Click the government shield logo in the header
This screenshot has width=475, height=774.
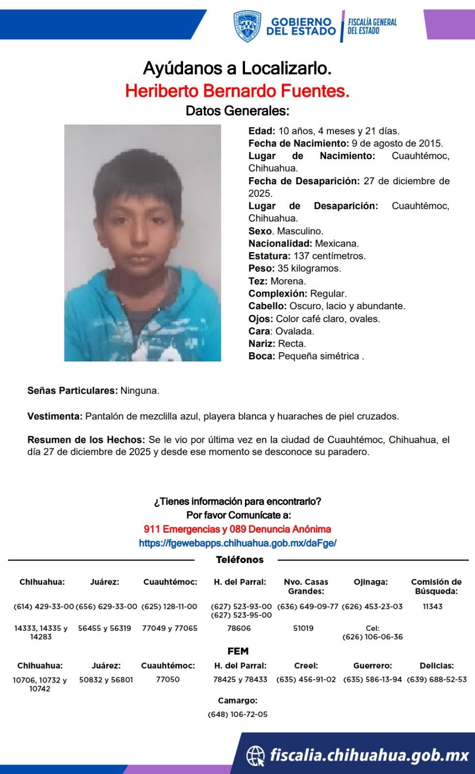(x=247, y=26)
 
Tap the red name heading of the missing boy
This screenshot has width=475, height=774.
(x=237, y=90)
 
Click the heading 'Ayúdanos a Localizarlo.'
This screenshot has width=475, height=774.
(x=237, y=68)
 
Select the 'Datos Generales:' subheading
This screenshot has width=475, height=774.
(x=237, y=111)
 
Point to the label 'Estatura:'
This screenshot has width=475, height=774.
(x=269, y=256)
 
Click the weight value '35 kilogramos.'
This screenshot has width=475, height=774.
(x=309, y=268)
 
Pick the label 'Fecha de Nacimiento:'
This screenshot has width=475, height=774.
(x=298, y=143)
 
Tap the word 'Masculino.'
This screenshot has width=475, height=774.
(x=300, y=231)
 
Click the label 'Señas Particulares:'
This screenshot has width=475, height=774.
(x=73, y=390)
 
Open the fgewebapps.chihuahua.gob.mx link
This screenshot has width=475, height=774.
(x=237, y=543)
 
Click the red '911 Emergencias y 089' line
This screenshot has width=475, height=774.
(x=237, y=529)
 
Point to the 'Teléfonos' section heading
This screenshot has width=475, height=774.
(x=240, y=560)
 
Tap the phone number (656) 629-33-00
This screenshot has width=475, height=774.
(x=107, y=606)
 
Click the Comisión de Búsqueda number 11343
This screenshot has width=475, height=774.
(x=432, y=606)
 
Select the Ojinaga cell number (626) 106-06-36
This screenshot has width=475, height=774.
(x=372, y=637)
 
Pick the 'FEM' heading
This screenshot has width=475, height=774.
(x=238, y=651)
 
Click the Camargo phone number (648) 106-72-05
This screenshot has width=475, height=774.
(x=237, y=714)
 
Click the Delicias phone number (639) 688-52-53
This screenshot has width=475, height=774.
(x=437, y=679)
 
